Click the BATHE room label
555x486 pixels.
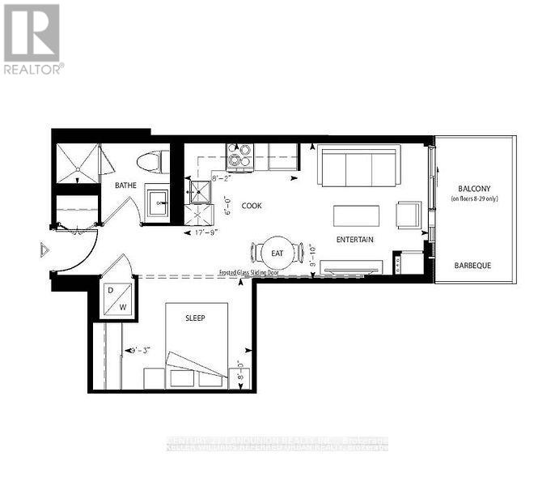coord(125,185)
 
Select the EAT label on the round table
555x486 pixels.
coord(277,254)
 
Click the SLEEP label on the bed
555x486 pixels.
coord(194,318)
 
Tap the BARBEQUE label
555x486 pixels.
coord(473,265)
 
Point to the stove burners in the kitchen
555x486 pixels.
coord(240,156)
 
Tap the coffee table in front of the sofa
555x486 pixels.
coord(357,215)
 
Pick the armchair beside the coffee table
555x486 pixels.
coord(409,215)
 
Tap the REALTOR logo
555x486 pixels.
coord(32,39)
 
